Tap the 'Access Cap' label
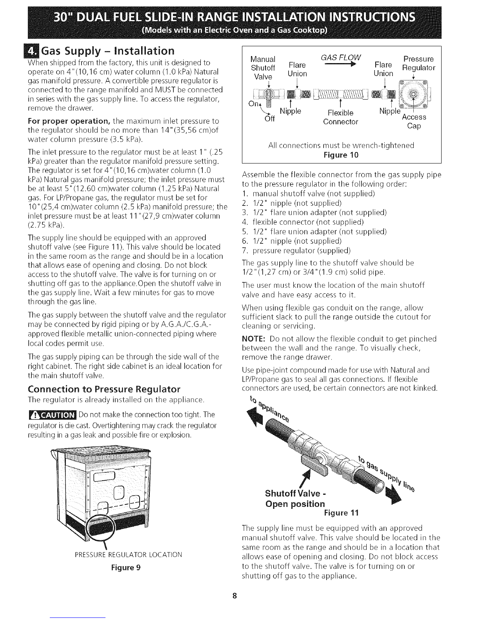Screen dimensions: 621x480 (414, 122)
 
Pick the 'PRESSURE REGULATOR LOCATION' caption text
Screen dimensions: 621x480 (128, 554)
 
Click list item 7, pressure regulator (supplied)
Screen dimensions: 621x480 (297, 250)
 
